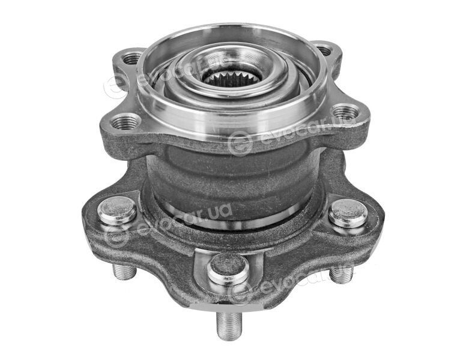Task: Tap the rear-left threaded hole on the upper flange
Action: [x=131, y=59]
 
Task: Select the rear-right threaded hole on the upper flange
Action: [x=324, y=50]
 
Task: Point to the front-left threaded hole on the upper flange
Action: [x=127, y=122]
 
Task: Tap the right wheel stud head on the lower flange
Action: [x=348, y=214]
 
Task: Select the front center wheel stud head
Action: [x=228, y=269]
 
